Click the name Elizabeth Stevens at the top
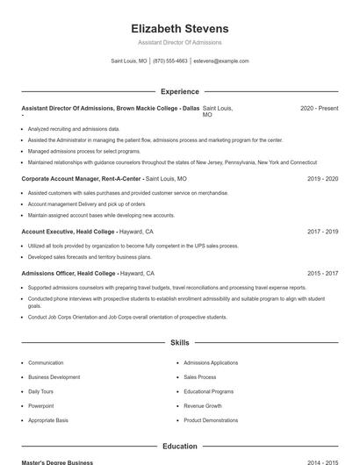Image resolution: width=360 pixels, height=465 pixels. point(179,28)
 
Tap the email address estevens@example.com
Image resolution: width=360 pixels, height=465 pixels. point(220,61)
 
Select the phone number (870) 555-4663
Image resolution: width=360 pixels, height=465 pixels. point(170,61)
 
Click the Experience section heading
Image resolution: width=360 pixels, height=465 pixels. point(179,91)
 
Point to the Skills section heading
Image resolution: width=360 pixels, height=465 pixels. point(179,342)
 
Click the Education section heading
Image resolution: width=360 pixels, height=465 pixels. point(179,446)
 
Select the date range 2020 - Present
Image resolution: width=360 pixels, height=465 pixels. point(319,108)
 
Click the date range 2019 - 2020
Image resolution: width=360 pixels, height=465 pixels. point(322,178)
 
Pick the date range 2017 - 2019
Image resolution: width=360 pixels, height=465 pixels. point(322,232)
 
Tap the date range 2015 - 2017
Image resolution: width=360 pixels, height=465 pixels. point(322,273)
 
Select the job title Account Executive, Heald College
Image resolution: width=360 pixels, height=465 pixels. point(69,232)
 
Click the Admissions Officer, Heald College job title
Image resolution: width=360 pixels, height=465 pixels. point(69,273)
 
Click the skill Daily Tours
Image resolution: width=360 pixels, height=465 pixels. point(40,391)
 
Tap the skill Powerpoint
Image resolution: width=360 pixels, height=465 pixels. point(40,406)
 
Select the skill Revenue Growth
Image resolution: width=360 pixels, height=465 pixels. point(202,406)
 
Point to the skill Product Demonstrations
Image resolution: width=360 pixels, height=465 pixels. point(210,420)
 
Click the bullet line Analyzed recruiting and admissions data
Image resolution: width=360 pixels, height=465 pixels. point(74,129)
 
